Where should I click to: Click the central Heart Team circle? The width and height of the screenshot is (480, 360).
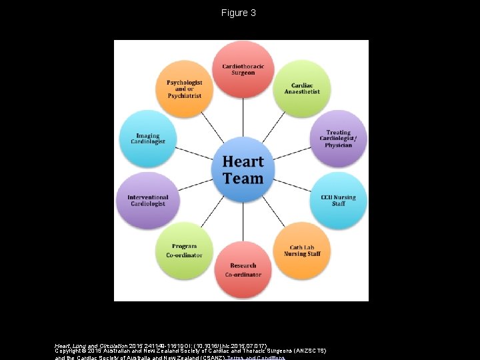pyautogui.click(x=243, y=170)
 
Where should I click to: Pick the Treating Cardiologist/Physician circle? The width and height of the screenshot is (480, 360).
pyautogui.click(x=338, y=139)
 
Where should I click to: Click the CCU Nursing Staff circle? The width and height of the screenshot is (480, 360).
pyautogui.click(x=338, y=200)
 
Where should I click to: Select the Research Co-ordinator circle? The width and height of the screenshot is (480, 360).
pyautogui.click(x=243, y=269)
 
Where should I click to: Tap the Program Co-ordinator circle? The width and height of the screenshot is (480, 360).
pyautogui.click(x=184, y=250)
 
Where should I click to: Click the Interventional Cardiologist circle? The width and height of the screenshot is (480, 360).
pyautogui.click(x=148, y=200)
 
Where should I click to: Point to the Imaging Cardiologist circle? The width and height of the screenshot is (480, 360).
pyautogui.click(x=148, y=139)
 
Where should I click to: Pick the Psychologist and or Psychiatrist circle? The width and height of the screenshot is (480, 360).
pyautogui.click(x=184, y=89)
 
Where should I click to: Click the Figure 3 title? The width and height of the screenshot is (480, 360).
pyautogui.click(x=239, y=13)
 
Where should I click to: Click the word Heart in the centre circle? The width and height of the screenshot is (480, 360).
pyautogui.click(x=243, y=161)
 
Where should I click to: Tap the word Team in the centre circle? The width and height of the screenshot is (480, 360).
pyautogui.click(x=243, y=179)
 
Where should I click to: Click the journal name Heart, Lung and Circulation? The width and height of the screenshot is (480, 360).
pyautogui.click(x=94, y=345)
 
